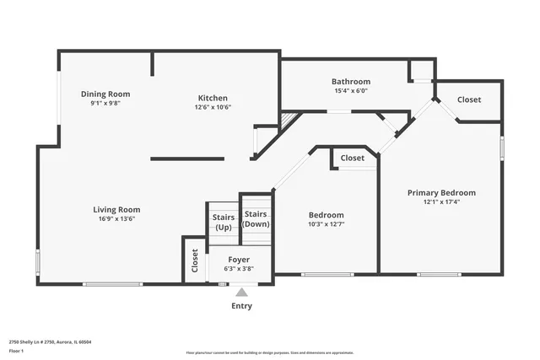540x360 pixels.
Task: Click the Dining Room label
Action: coord(105,94)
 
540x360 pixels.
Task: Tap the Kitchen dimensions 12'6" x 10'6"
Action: coord(213,107)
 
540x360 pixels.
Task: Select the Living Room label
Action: coord(116,209)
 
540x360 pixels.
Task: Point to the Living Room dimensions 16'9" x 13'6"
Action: coord(116,218)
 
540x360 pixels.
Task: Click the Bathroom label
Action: coord(350,82)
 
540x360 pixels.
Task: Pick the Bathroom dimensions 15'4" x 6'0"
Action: coord(350,91)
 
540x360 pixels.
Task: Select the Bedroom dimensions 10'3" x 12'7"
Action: coord(326,224)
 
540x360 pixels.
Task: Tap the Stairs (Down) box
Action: coord(256,218)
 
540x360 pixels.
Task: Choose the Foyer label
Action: coord(239,260)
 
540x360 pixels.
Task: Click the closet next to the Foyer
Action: coord(194,260)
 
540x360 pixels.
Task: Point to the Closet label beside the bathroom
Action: coord(469,99)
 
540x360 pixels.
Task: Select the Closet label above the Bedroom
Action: coord(353,158)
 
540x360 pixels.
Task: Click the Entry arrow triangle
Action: coord(241,293)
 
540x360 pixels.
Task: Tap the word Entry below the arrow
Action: coord(241,306)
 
